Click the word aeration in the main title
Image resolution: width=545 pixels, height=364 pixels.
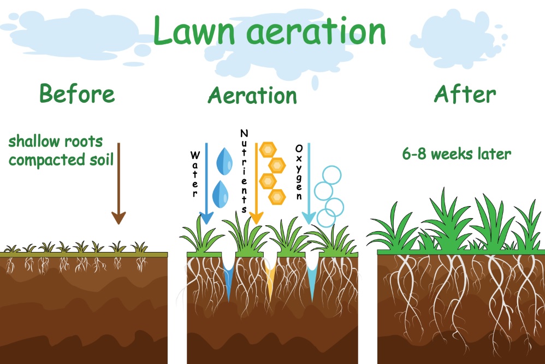click(316, 31)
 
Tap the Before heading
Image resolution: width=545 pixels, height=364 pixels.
click(77, 93)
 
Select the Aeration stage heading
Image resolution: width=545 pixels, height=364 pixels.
click(252, 95)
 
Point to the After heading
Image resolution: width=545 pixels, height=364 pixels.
click(465, 94)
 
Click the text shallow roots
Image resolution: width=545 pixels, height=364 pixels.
click(56, 142)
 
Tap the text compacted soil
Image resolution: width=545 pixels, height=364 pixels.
click(61, 160)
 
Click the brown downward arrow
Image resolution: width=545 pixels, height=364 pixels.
click(119, 184)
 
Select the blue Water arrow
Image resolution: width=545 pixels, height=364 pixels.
click(206, 184)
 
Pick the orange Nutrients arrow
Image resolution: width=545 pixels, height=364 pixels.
click(256, 184)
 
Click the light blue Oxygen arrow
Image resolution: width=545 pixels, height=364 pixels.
click(309, 184)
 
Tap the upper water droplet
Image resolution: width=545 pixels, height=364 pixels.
click(224, 161)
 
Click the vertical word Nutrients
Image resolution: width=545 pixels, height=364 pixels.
click(244, 171)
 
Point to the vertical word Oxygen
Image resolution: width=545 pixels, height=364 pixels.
click(299, 172)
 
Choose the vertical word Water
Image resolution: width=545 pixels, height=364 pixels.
click(195, 174)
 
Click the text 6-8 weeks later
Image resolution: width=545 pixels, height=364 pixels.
click(457, 154)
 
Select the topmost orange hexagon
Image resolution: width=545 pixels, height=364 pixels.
click(268, 150)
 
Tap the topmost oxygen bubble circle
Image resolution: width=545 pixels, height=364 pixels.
click(332, 175)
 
